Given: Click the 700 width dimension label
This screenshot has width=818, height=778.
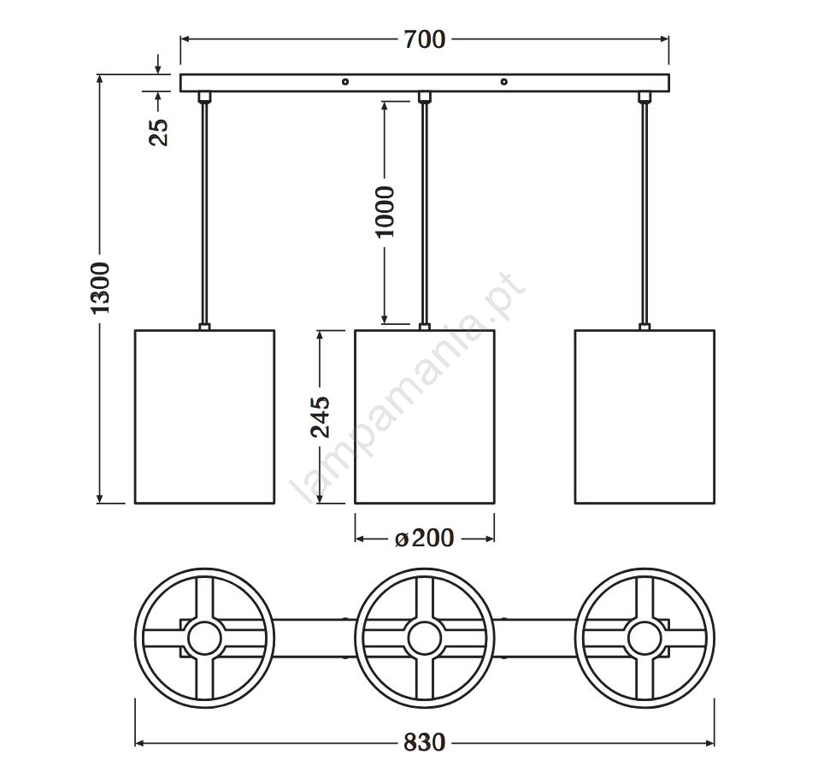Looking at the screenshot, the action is pos(424,39).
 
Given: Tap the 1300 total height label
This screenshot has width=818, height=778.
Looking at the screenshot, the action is pos(101,288).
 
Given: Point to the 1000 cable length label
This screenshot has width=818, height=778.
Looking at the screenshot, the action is pos(385,212).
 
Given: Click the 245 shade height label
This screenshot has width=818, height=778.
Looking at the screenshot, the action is pos(321,417).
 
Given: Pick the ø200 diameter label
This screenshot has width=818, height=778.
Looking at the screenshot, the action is pos(424,538).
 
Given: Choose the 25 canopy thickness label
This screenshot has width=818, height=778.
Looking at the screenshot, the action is pos(159,132).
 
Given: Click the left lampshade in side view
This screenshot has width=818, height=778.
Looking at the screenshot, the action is pos(204,416).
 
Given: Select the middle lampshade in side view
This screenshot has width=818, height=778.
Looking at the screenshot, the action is pos(425,416).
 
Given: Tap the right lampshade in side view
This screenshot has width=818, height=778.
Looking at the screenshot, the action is pos(644,416).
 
